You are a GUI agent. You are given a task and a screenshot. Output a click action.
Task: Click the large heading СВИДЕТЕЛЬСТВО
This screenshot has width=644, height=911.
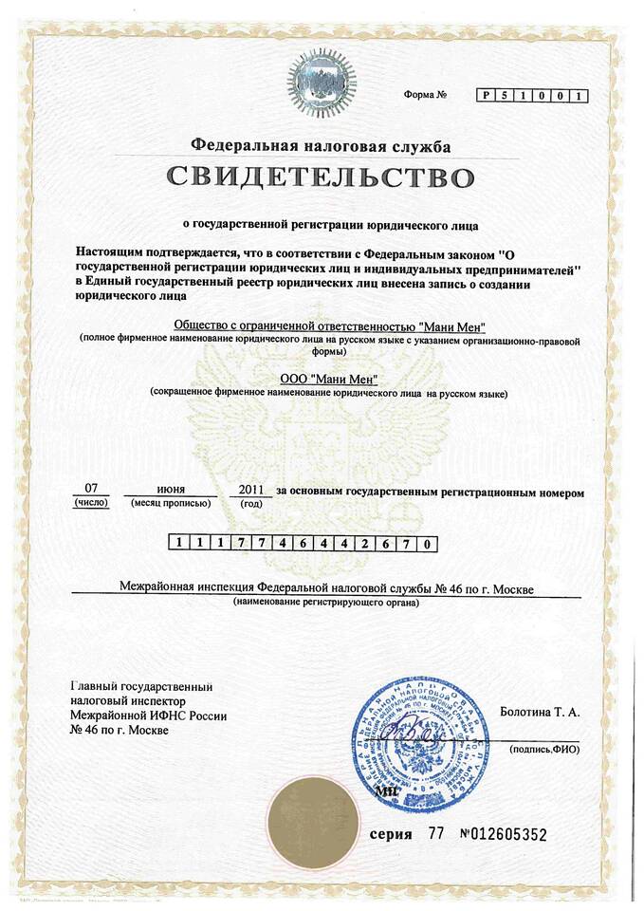click(x=321, y=177)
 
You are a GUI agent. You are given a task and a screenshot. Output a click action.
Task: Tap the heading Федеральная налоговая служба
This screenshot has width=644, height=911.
click(x=321, y=145)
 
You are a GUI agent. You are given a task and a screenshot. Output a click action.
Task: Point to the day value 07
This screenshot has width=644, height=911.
click(x=91, y=489)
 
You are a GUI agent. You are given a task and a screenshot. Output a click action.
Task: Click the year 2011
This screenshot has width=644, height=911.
click(x=250, y=489)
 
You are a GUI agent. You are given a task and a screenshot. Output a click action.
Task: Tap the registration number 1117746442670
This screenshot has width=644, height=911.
click(x=304, y=544)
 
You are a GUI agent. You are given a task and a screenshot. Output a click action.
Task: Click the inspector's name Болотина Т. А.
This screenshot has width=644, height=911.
click(x=539, y=711)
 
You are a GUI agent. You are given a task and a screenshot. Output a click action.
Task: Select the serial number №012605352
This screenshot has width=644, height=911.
click(x=503, y=834)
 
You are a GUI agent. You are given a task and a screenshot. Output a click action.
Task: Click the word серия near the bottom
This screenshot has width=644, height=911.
click(x=391, y=834)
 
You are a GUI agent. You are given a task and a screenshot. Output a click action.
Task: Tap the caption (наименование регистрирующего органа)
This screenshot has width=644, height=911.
click(x=326, y=604)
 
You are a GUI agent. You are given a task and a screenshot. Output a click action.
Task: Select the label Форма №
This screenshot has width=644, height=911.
click(x=424, y=95)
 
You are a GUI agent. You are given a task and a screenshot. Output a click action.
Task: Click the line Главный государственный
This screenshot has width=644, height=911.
click(x=141, y=686)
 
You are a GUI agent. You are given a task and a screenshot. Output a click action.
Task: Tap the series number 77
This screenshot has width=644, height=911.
click(x=436, y=834)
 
